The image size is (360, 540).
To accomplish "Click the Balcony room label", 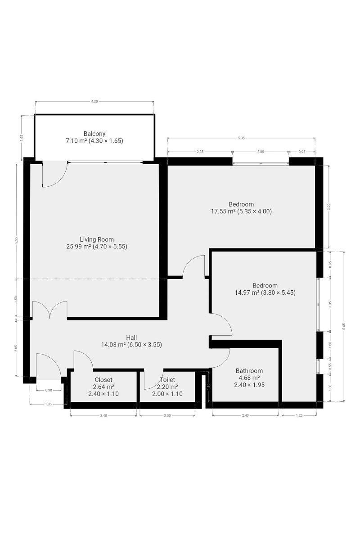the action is [94, 134].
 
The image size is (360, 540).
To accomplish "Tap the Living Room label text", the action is [97, 239].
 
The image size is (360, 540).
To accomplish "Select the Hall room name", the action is [131, 337].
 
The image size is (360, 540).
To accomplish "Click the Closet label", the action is [103, 380].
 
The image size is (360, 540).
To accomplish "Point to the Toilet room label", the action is [167, 380].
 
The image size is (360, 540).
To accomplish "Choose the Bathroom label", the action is [249, 371].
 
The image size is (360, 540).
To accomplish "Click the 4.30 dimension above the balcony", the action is [94, 102].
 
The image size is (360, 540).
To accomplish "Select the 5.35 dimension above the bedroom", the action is [241, 138].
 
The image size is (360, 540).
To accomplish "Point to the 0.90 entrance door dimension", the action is [49, 390].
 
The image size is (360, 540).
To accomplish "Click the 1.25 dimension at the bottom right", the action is [299, 415].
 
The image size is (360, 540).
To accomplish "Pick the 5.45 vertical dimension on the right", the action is [344, 327].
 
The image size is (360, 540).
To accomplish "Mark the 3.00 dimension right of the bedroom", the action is [328, 207].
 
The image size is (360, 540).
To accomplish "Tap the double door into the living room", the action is [49, 310].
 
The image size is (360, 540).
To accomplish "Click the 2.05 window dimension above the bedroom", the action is [261, 152].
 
